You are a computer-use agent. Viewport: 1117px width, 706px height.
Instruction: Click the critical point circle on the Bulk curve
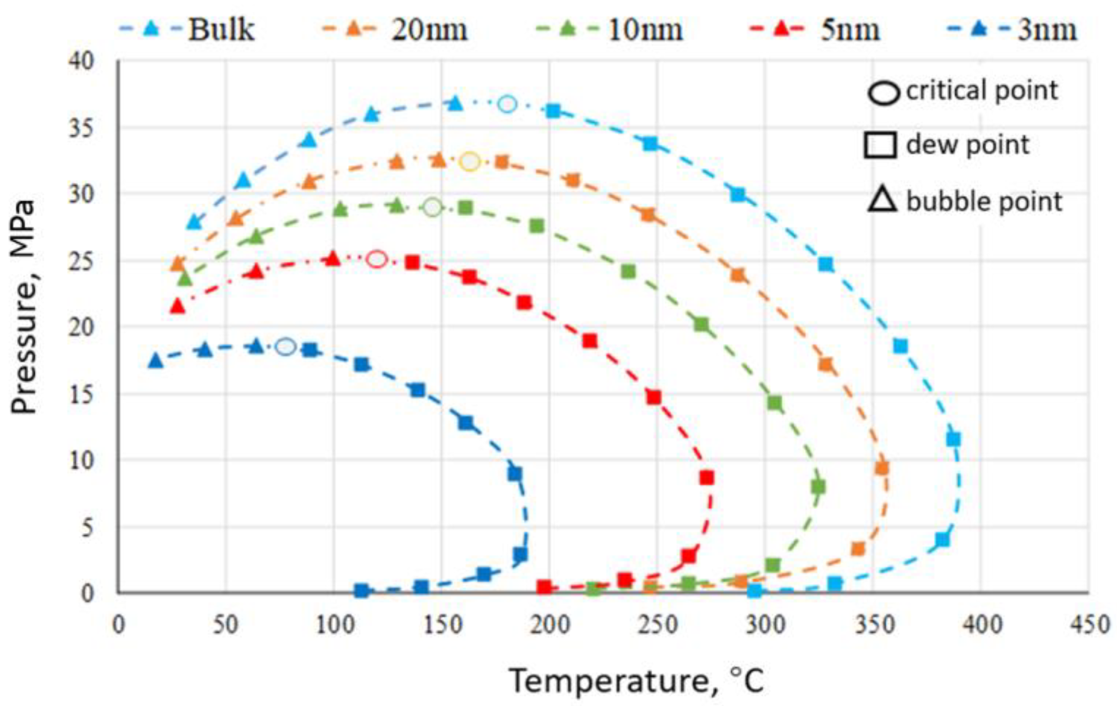[x=508, y=104]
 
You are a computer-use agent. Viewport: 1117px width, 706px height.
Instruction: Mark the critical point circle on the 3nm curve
[x=286, y=347]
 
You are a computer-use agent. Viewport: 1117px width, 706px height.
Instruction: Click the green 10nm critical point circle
[x=433, y=208]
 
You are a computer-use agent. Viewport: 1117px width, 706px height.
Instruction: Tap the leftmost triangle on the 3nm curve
[x=155, y=361]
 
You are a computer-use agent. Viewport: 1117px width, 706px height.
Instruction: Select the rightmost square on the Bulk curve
[x=953, y=439]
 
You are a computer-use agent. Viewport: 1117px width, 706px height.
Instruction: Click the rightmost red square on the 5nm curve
[x=706, y=478]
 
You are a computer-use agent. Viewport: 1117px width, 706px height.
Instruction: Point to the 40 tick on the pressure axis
[x=81, y=61]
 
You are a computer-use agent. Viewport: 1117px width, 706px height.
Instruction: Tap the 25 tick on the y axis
[x=81, y=261]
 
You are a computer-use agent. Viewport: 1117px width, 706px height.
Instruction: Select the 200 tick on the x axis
[x=549, y=625]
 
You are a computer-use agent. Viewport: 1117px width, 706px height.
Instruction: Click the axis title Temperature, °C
[x=636, y=681]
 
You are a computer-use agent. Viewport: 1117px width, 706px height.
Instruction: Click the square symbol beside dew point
[x=880, y=145]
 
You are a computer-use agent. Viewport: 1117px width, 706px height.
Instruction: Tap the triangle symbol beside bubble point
[x=882, y=201]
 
